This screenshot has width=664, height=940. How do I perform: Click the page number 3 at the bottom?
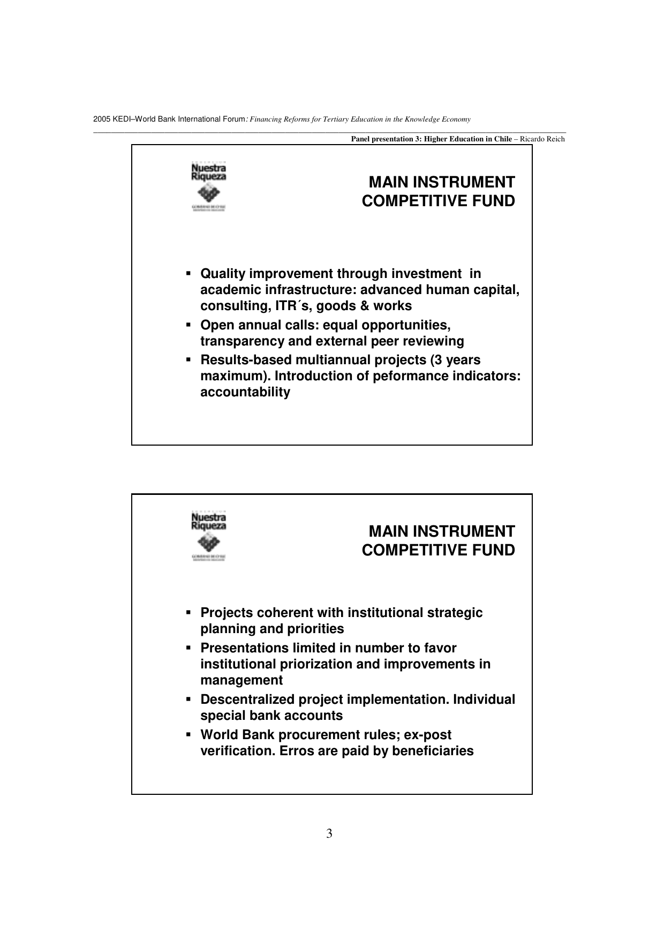click(329, 833)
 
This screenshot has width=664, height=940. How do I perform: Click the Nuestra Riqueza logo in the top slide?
click(209, 187)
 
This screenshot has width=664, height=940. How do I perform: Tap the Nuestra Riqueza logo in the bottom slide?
click(209, 536)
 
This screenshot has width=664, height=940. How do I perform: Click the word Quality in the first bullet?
click(223, 274)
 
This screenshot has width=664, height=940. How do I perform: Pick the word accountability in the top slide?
click(245, 392)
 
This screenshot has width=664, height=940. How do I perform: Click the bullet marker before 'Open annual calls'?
click(188, 325)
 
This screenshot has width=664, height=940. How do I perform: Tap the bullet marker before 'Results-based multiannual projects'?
click(188, 360)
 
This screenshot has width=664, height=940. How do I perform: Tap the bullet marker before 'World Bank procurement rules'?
click(188, 735)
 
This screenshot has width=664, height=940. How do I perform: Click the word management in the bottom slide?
click(242, 680)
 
